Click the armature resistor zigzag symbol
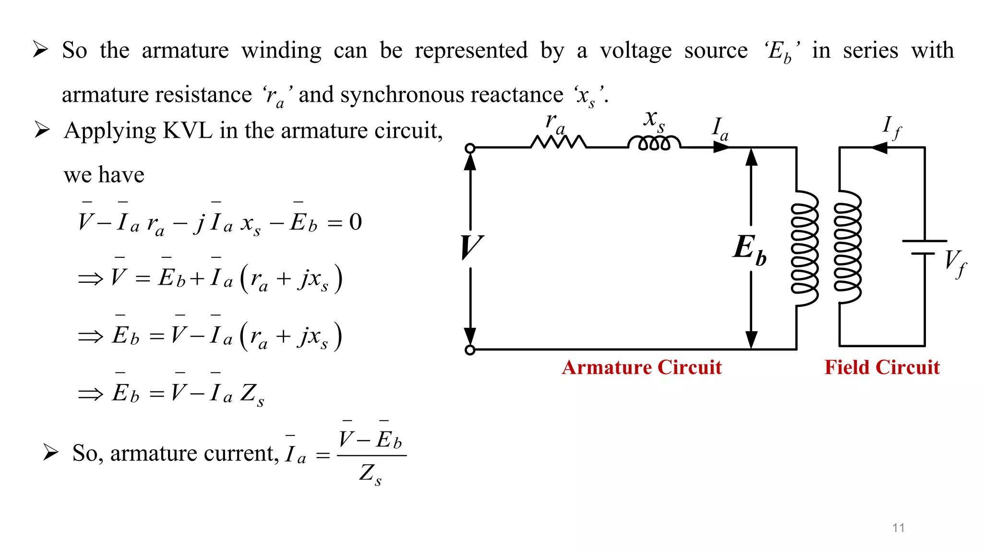[x=558, y=142]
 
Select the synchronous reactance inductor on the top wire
[x=654, y=143]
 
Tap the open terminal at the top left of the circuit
[x=470, y=148]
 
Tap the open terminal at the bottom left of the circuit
[x=470, y=350]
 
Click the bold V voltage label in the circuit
[x=471, y=247]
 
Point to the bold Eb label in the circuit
[x=749, y=249]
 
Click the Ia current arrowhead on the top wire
[x=721, y=148]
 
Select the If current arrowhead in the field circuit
[x=879, y=148]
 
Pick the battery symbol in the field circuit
[x=924, y=247]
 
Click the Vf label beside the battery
[x=955, y=263]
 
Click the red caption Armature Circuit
[x=642, y=368]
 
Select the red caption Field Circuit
[x=882, y=368]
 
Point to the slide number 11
[x=898, y=528]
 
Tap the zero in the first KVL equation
[x=355, y=222]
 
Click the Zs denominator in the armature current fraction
[x=371, y=474]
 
